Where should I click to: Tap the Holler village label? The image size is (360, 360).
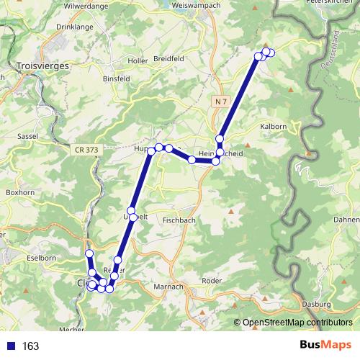pyautogui.click(x=137, y=60)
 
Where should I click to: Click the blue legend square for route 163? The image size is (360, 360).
pyautogui.click(x=11, y=346)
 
